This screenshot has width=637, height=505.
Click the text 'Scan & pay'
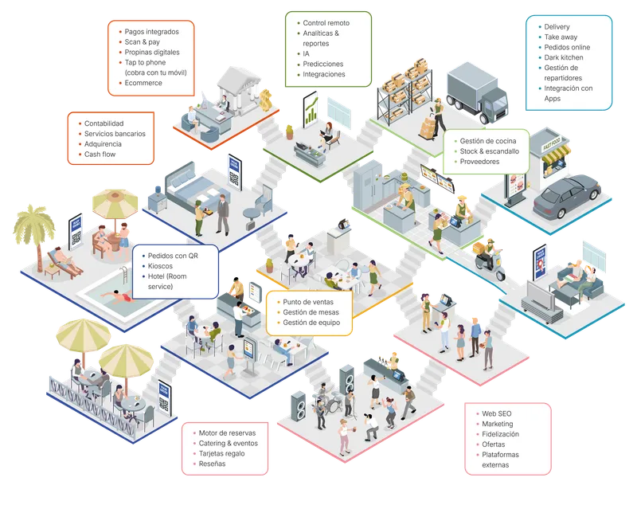(x=142, y=42)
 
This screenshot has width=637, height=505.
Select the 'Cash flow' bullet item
(x=100, y=155)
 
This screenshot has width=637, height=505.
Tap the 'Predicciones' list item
(x=322, y=64)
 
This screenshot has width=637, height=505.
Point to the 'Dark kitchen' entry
(x=564, y=57)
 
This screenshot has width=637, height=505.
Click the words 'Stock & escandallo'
(x=489, y=151)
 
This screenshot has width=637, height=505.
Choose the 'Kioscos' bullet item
(x=160, y=266)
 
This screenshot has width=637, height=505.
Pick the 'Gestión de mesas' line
(x=311, y=312)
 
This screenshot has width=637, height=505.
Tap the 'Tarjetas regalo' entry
(x=221, y=453)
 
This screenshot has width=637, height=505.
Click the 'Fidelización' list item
(x=500, y=434)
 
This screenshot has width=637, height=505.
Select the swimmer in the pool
(x=119, y=297)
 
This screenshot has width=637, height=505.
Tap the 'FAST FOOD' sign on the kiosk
(x=552, y=144)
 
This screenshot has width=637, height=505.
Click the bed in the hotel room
(x=192, y=187)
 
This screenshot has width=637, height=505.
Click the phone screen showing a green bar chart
(x=311, y=108)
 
